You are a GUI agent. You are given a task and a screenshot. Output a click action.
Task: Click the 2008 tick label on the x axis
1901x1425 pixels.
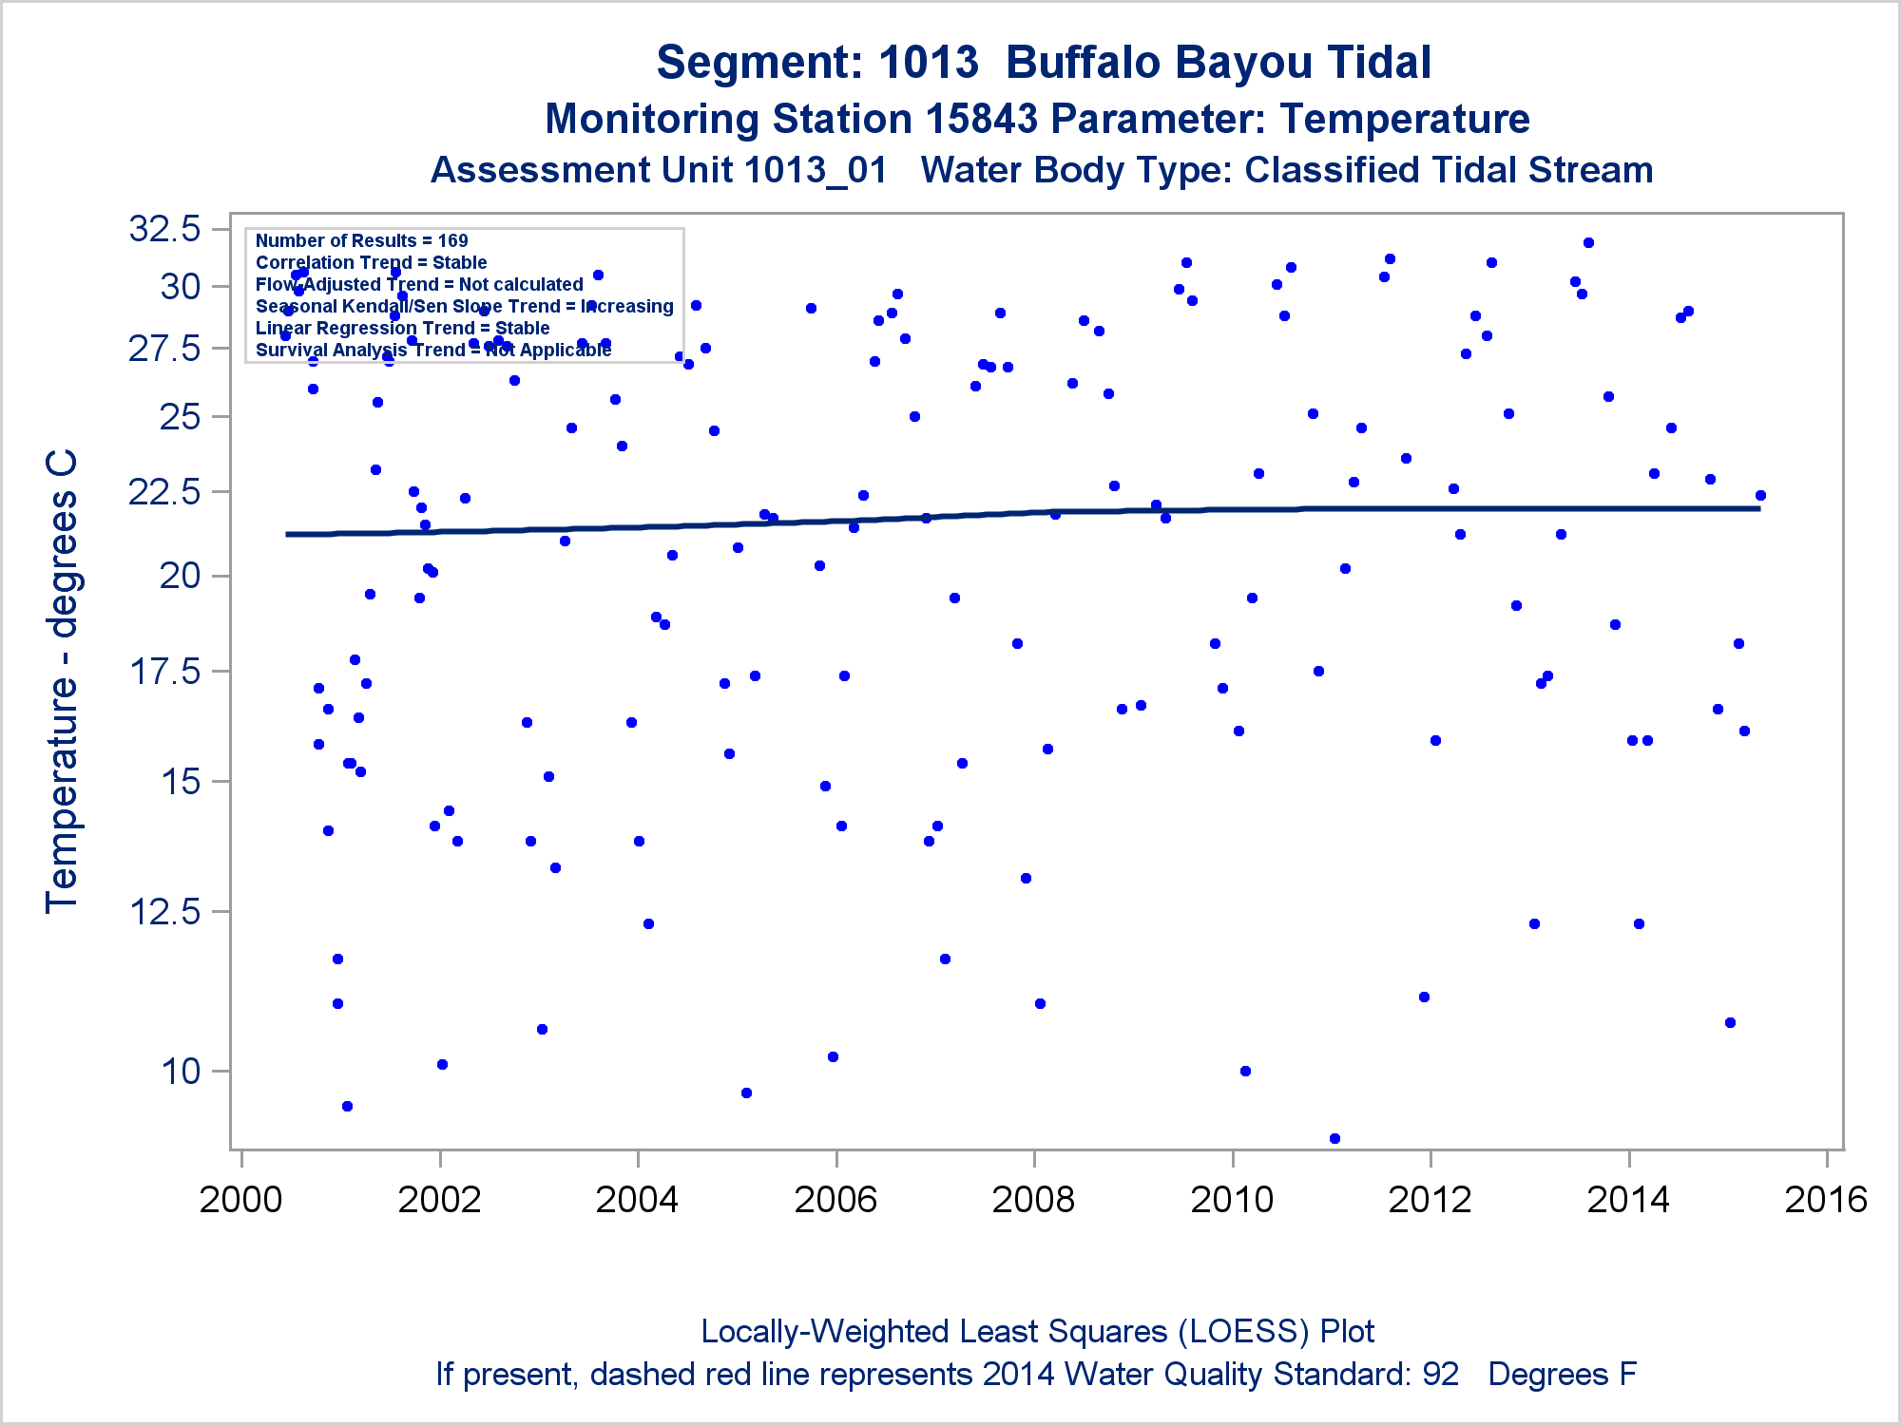(x=1033, y=1200)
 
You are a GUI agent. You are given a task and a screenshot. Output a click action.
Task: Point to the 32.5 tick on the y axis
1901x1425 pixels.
(x=165, y=229)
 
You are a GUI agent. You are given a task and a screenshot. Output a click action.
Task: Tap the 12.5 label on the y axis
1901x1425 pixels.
(x=165, y=912)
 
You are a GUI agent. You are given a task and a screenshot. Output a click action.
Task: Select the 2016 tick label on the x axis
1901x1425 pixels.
(x=1826, y=1200)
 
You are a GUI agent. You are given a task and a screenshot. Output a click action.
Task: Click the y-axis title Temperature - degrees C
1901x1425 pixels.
(x=62, y=681)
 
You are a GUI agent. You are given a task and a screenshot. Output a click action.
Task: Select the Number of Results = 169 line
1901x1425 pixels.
(x=361, y=240)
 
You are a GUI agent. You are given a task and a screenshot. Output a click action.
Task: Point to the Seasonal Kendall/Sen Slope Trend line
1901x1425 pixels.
(x=464, y=306)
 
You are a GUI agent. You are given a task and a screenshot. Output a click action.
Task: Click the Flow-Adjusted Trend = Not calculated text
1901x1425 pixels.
(x=419, y=284)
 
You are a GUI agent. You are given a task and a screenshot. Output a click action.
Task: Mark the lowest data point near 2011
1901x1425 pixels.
(x=1335, y=1138)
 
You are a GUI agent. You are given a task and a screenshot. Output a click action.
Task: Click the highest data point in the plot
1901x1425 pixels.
(x=1588, y=243)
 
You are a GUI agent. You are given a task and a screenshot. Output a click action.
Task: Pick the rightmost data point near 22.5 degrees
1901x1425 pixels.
(x=1760, y=495)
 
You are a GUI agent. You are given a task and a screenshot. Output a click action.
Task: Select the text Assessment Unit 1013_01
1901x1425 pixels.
(x=659, y=171)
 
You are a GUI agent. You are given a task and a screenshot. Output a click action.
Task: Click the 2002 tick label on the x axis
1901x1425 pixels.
(x=439, y=1200)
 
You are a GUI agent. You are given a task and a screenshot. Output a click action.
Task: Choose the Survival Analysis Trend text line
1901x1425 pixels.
(x=432, y=350)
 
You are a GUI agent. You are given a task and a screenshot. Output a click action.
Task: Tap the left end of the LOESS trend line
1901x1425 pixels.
(x=288, y=534)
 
